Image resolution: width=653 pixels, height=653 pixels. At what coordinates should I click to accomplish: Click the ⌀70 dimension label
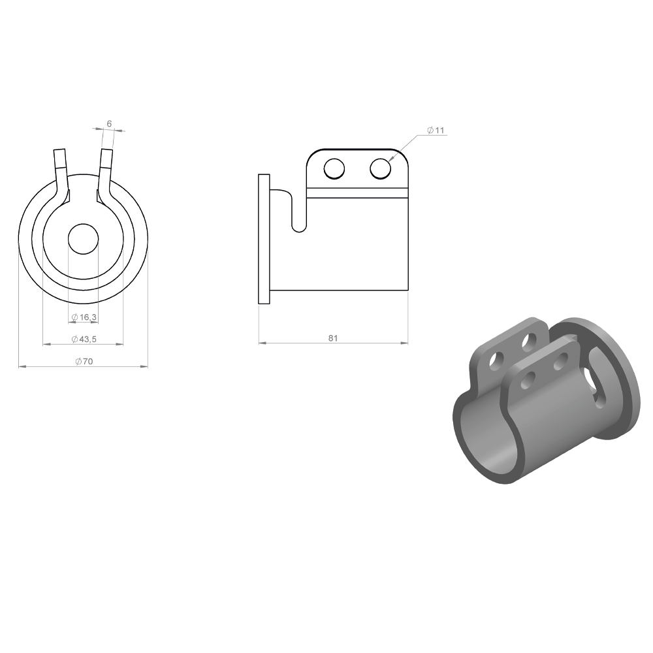[84, 361]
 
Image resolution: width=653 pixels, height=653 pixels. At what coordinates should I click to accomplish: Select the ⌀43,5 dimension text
[84, 339]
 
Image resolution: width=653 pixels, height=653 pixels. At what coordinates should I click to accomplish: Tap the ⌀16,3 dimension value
[84, 317]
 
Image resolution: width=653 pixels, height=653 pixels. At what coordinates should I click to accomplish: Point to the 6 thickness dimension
[109, 123]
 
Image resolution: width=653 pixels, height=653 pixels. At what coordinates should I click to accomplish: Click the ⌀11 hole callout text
[436, 130]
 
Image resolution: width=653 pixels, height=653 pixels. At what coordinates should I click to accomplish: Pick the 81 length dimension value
[333, 338]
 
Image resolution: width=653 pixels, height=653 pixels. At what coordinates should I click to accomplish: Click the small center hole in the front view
[84, 238]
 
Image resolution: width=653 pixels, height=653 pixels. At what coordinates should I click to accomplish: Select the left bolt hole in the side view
[334, 169]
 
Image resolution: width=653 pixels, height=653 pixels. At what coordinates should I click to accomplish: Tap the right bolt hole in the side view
[380, 169]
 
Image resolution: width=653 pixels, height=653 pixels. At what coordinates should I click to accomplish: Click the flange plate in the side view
[264, 239]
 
